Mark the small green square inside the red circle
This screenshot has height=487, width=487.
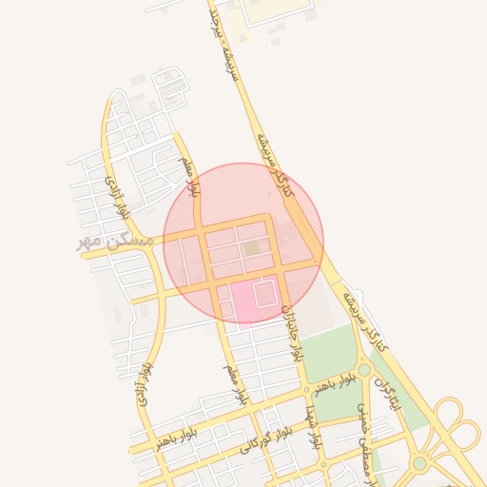coord(250,248)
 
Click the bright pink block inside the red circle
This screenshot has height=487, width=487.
coord(257,299)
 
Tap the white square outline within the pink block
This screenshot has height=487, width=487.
coord(264,294)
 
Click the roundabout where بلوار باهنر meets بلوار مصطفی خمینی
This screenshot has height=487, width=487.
coord(364,370)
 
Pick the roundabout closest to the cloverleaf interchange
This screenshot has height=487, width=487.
coord(419,463)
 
